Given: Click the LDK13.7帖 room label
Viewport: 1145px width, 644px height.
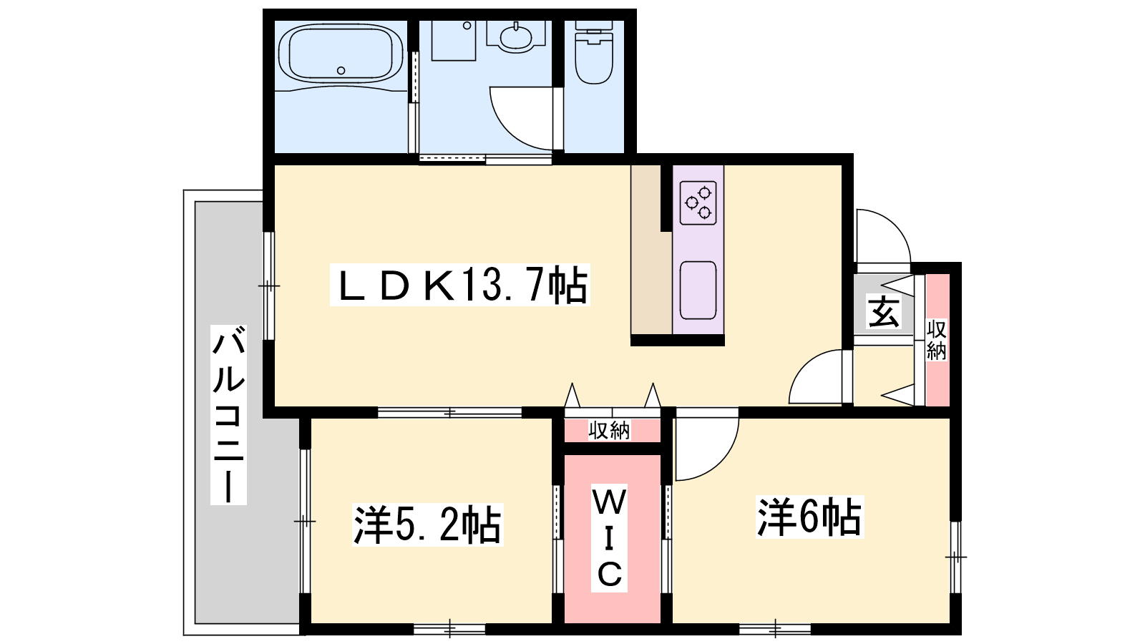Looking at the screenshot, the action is [460, 285].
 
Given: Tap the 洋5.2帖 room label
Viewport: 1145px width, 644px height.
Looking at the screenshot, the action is [427, 525].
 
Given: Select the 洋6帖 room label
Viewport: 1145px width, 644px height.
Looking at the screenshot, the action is [809, 517].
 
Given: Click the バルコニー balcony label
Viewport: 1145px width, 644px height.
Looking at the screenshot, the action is [228, 414].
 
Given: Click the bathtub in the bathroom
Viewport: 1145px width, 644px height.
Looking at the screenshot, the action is [341, 54].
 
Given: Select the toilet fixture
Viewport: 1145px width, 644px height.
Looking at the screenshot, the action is [594, 52].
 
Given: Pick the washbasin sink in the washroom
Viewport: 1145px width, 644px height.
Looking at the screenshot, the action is [516, 36].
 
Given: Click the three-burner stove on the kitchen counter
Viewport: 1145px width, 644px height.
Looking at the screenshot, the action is [698, 203].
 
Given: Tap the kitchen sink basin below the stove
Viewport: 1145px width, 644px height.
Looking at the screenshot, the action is [698, 291].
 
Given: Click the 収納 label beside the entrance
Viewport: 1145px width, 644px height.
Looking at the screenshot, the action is [937, 340].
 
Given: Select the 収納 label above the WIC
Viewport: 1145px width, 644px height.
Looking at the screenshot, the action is [609, 430].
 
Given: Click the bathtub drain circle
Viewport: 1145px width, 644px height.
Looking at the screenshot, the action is [341, 71].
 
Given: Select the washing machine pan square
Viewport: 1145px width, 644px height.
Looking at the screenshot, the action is [454, 40].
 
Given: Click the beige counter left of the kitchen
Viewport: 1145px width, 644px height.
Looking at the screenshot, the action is [651, 250].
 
